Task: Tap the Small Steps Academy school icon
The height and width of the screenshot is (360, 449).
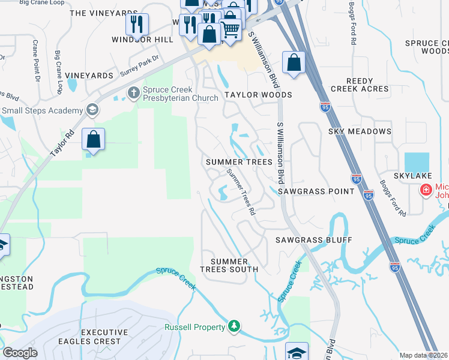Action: tap(92, 110)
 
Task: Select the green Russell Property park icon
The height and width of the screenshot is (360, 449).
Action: tap(234, 327)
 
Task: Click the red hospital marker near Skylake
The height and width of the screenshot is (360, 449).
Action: tap(426, 190)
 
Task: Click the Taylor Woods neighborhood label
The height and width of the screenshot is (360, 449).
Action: tap(258, 95)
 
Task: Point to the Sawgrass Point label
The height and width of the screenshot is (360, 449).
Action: tap(316, 191)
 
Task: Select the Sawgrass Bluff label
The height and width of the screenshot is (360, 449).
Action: tap(313, 240)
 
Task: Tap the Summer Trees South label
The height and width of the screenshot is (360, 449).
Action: tap(229, 265)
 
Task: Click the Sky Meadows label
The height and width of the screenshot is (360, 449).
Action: tap(360, 131)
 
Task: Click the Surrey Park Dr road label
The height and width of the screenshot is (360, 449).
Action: tap(139, 65)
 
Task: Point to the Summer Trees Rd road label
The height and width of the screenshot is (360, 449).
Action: tap(241, 192)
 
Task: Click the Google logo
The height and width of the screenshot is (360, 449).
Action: tap(20, 352)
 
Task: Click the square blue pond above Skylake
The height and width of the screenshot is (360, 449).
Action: tap(417, 163)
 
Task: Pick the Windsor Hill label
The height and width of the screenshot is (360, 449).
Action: tap(137, 39)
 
